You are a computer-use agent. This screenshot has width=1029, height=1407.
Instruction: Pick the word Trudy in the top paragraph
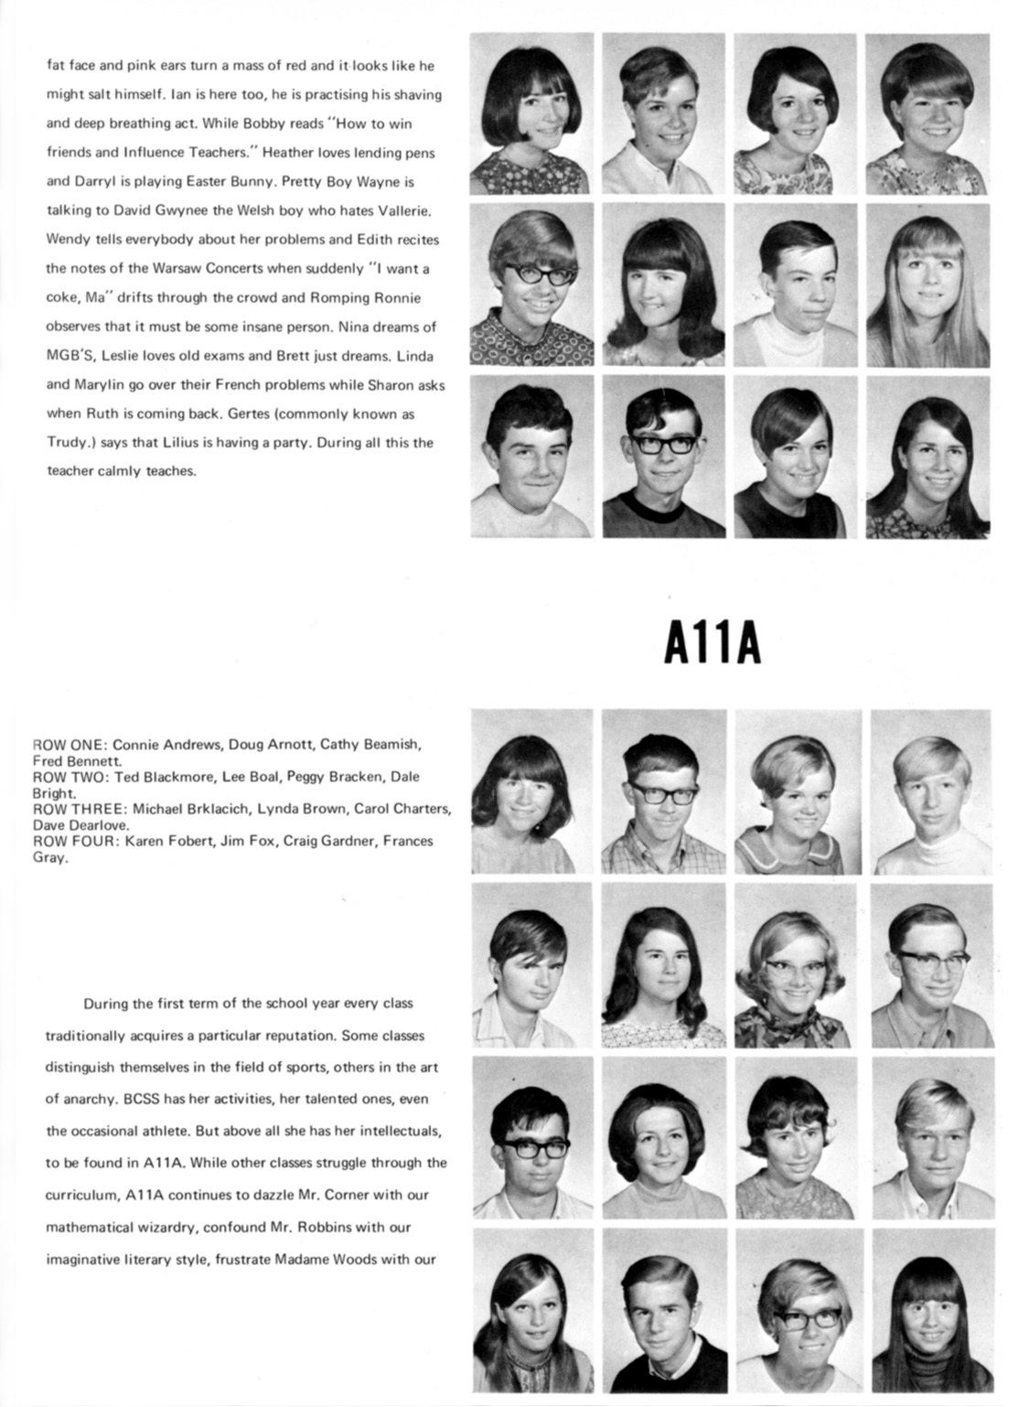65,443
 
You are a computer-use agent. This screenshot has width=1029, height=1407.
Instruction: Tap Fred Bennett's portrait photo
930,790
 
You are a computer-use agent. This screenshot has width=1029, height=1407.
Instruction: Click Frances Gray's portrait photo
930,1310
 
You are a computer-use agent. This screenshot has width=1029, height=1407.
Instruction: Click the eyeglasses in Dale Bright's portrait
933,961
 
